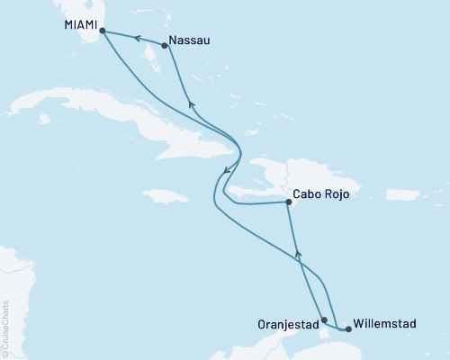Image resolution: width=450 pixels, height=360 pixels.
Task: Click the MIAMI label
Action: pyautogui.click(x=80, y=26)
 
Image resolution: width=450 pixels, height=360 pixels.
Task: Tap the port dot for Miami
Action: pyautogui.click(x=102, y=31)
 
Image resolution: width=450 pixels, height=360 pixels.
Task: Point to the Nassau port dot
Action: pyautogui.click(x=164, y=45)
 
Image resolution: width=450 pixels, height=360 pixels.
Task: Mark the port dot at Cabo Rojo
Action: pyautogui.click(x=288, y=202)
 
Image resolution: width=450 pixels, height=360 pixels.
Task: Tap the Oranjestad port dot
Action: pyautogui.click(x=324, y=319)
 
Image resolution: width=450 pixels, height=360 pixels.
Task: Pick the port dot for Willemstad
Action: pyautogui.click(x=348, y=329)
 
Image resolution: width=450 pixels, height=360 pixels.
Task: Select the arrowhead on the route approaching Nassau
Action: pyautogui.click(x=190, y=103)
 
